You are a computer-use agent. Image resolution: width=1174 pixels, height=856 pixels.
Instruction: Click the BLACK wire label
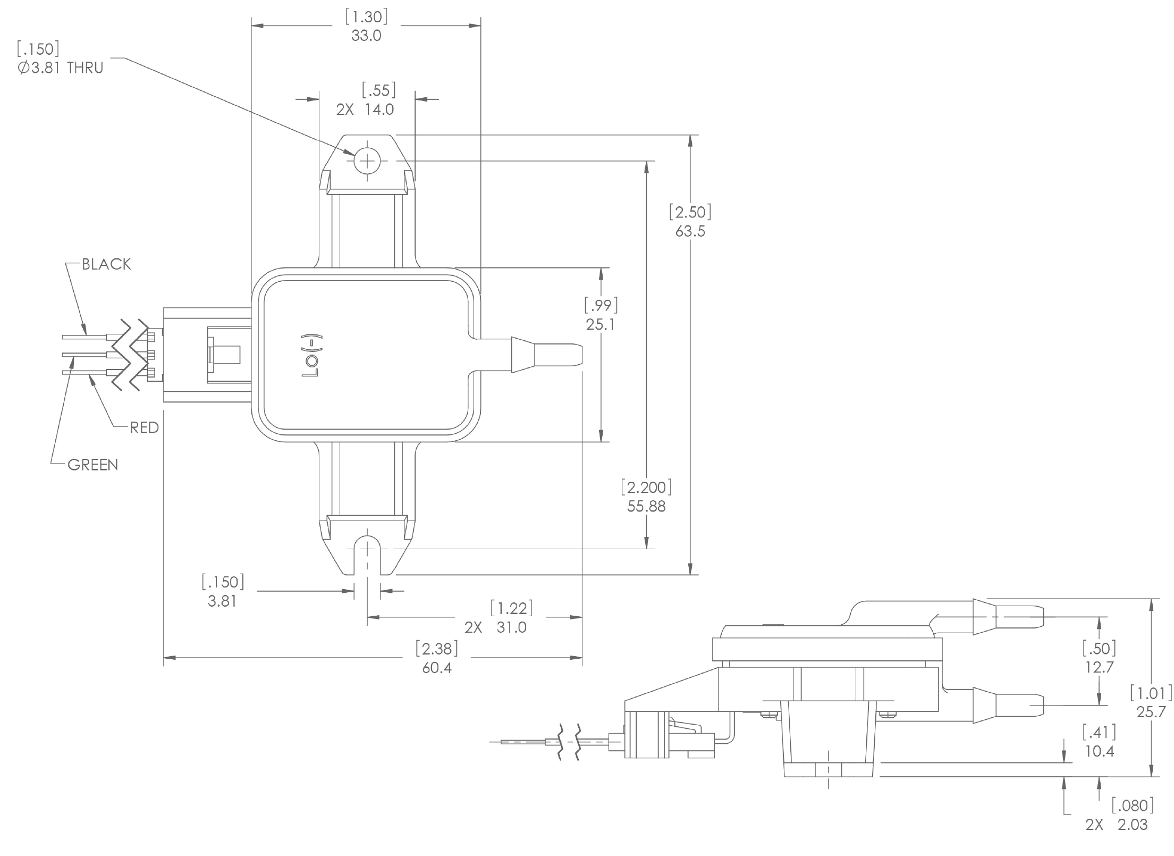point(106,264)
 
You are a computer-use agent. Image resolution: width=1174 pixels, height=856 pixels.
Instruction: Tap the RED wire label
point(145,427)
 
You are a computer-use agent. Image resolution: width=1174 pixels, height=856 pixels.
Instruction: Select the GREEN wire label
point(93,465)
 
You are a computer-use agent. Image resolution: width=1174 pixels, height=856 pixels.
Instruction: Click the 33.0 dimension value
point(366,36)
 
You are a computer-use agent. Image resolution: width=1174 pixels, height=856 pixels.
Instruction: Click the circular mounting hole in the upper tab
point(367,160)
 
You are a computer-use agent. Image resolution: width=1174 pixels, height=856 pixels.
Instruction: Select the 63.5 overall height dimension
point(690,231)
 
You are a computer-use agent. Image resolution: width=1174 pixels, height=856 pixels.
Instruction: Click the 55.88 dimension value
point(646,506)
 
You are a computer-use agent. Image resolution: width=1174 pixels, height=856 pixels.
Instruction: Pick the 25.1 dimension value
point(600,324)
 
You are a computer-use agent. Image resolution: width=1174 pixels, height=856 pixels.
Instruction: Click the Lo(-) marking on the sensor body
point(309,357)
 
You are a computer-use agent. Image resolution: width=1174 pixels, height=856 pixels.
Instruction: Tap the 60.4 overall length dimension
point(437,668)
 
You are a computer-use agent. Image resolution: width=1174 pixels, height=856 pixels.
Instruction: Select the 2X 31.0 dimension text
point(495,627)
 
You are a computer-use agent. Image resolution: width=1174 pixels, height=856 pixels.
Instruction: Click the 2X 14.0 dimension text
point(365,110)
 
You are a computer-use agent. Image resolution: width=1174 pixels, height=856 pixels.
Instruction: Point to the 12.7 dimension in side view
point(1099,667)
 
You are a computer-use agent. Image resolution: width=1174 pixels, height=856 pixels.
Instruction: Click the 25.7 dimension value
point(1151,712)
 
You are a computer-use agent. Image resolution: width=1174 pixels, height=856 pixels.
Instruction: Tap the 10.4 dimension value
point(1099,751)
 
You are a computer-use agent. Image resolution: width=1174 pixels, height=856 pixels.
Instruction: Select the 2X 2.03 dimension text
point(1116,825)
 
